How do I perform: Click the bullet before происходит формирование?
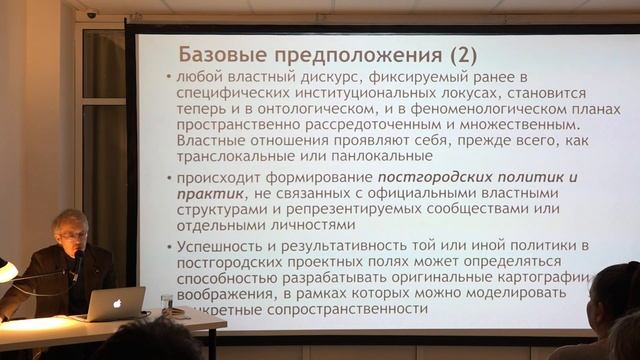pyautogui.click(x=167, y=178)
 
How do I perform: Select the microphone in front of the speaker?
pyautogui.click(x=77, y=262)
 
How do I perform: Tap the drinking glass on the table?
pyautogui.click(x=166, y=304)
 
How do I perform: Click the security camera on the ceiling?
pyautogui.click(x=93, y=15)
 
